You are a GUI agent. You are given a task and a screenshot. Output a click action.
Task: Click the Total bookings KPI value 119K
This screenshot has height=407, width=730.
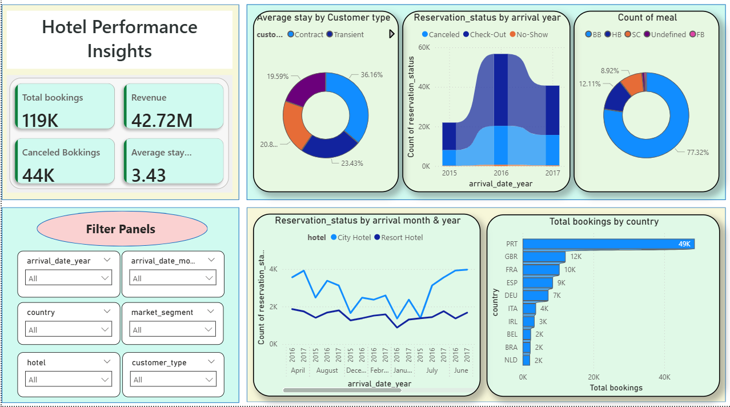click(40, 121)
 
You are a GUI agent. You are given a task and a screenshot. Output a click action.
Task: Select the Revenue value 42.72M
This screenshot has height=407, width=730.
click(162, 121)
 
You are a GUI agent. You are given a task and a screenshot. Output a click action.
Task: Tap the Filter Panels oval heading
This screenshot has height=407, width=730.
click(121, 229)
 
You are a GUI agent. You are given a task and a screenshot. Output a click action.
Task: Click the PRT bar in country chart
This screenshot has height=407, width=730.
click(608, 244)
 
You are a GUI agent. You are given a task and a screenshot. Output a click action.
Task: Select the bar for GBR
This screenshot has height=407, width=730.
click(544, 257)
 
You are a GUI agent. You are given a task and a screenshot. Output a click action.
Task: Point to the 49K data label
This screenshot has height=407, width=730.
click(684, 244)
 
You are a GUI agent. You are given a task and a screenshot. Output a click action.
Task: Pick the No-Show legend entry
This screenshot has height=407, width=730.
click(528, 34)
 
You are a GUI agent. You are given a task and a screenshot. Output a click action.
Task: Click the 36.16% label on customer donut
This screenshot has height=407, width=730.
click(371, 75)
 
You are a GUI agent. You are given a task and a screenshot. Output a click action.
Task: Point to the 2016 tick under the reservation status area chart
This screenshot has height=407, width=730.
click(501, 173)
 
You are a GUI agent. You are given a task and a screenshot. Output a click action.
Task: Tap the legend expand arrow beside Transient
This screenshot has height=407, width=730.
click(392, 34)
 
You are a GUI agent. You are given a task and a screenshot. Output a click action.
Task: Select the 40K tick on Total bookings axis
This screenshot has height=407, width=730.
click(664, 377)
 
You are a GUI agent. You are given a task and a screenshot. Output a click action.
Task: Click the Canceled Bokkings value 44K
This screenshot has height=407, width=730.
click(38, 175)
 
